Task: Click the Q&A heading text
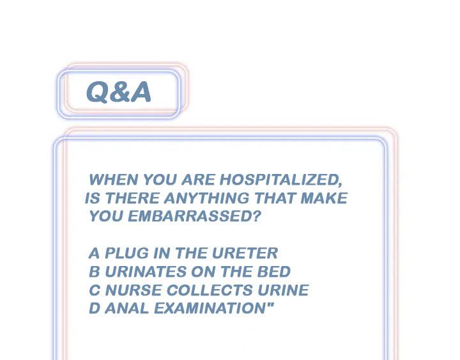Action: (x=119, y=93)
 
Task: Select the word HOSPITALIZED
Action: (x=290, y=180)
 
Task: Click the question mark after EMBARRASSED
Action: (x=257, y=216)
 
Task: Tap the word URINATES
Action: (x=142, y=271)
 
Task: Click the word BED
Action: (x=275, y=271)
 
